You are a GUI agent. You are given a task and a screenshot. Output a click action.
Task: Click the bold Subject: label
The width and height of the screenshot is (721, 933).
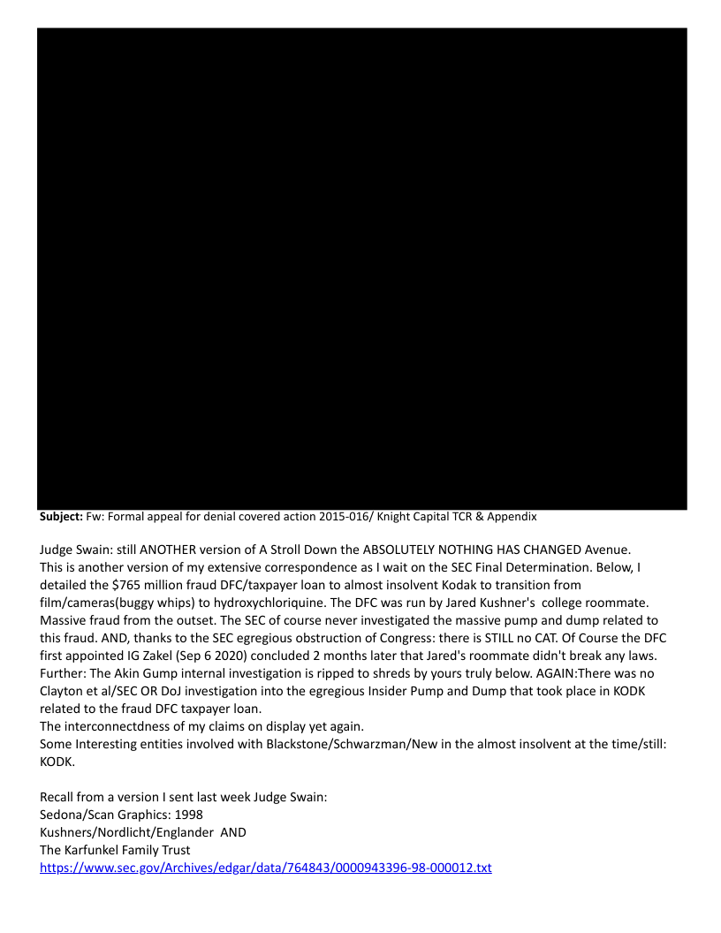61,516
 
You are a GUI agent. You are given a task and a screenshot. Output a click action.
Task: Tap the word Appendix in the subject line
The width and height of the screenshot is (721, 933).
508,516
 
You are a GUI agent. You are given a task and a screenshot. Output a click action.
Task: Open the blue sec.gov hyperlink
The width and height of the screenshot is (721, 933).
265,868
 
